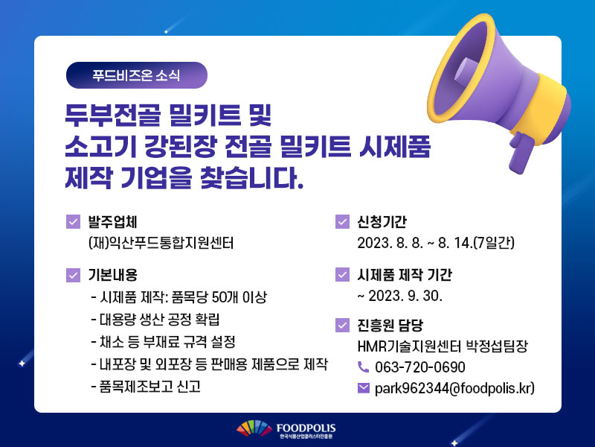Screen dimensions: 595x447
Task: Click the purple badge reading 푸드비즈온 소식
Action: point(137,75)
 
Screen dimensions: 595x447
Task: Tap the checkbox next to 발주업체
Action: point(73,221)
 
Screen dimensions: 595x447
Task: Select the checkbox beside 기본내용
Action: point(73,275)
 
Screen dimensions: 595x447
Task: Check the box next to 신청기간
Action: point(342,221)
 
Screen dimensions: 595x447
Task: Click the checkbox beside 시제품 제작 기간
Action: point(342,274)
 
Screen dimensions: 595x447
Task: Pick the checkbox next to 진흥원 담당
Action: point(342,326)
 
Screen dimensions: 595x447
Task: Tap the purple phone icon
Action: point(363,367)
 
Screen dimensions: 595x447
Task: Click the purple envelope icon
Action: point(364,388)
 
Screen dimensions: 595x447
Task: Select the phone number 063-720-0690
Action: point(420,367)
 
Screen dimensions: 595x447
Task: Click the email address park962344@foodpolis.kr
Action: point(454,388)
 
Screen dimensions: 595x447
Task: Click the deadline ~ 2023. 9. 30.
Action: point(400,296)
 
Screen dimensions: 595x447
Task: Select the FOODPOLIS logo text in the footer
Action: point(306,428)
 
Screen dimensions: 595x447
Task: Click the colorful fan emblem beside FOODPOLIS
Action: point(254,428)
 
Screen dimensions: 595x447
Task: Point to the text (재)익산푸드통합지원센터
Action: point(161,243)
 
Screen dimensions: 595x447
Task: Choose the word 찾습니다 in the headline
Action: point(251,177)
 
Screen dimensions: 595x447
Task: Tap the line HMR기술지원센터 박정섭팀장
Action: point(443,346)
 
